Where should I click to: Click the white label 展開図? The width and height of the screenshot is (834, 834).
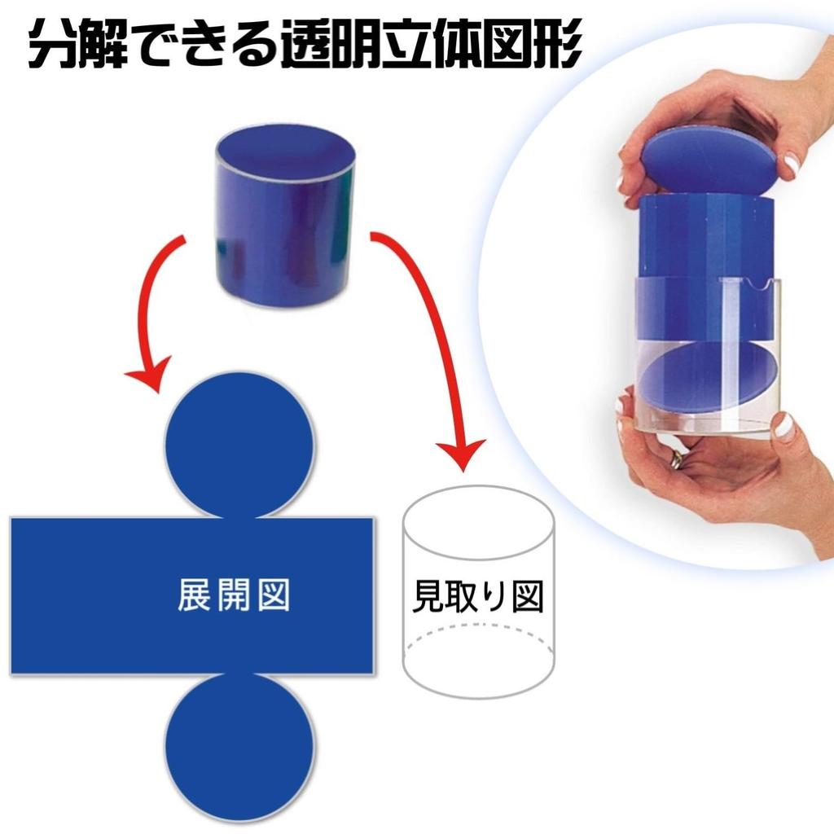[x=234, y=596]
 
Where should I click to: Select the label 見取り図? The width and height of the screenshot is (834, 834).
[x=478, y=598]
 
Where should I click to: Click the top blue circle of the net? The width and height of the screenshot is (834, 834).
[x=239, y=444]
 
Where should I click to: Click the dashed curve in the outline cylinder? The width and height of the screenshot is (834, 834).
[x=479, y=630]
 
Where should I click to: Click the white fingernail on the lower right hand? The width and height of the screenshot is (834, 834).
[x=784, y=426]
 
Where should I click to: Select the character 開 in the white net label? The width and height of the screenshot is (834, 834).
[x=234, y=596]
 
